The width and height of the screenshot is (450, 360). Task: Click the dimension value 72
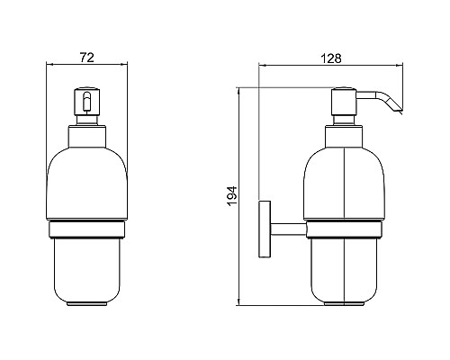click(x=88, y=57)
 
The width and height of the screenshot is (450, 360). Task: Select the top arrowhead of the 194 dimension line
click(x=240, y=90)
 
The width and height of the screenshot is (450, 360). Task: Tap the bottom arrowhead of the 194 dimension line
click(x=240, y=303)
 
